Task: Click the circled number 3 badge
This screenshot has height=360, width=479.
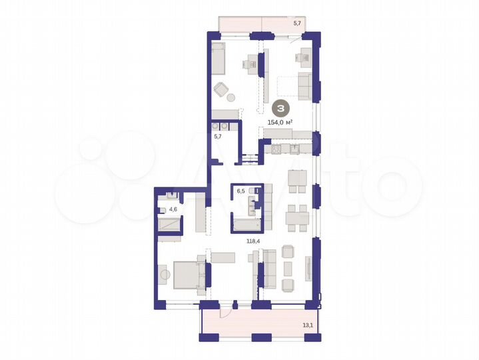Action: tap(282, 108)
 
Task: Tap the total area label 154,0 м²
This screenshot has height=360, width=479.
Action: tap(280, 122)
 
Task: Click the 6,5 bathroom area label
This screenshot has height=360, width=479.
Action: tap(241, 191)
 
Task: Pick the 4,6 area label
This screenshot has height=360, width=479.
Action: tap(173, 209)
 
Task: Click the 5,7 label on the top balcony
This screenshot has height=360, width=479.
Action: tap(298, 23)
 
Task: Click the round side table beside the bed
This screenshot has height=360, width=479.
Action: tap(164, 273)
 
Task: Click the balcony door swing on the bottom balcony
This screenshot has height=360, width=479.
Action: tap(227, 307)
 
